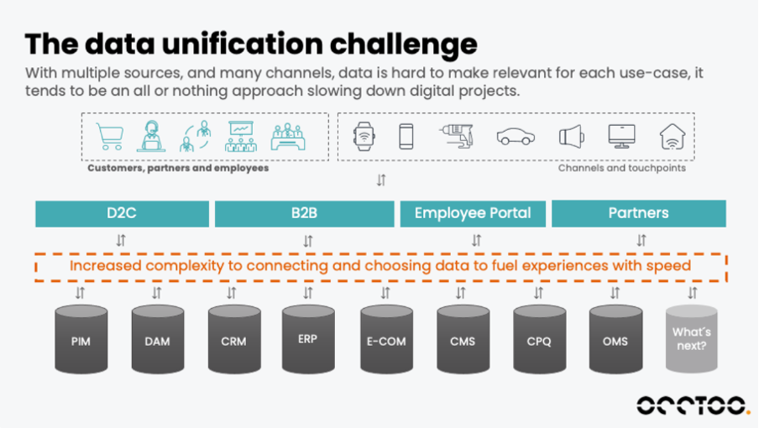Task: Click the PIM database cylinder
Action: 81,340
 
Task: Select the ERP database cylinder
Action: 308,339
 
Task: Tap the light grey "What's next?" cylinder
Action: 691,339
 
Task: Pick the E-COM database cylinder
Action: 386,340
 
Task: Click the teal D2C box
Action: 122,214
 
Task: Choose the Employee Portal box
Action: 473,214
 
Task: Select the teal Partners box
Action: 639,214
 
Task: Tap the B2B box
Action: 305,214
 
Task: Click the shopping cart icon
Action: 110,137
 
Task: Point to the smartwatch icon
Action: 364,137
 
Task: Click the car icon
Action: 516,137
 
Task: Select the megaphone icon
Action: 572,137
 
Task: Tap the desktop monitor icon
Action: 622,137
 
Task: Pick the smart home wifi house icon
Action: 673,137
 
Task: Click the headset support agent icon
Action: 151,137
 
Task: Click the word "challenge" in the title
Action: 404,44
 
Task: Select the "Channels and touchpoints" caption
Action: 622,168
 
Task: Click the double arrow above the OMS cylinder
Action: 615,293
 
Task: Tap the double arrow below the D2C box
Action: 121,240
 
